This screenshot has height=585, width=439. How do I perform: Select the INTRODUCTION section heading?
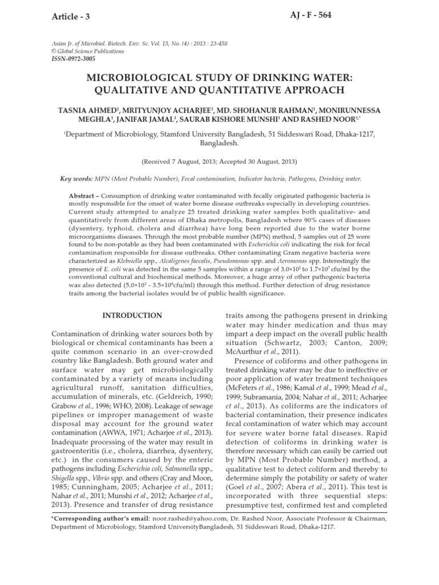(x=131, y=315)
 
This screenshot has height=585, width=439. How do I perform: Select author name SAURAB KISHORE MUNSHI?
(x=236, y=120)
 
